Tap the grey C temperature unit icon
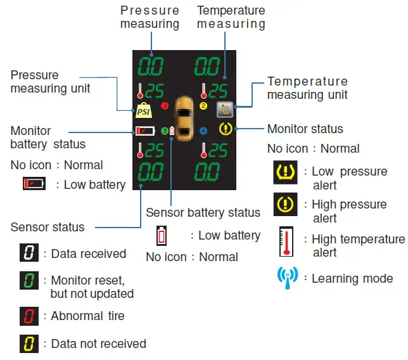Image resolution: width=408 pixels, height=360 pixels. click(225, 110)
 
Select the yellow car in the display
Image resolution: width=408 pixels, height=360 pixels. click(184, 117)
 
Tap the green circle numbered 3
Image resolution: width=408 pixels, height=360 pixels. click(163, 131)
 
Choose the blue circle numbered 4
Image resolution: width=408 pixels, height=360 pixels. click(203, 131)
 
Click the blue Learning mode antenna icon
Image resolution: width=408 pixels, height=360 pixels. click(286, 278)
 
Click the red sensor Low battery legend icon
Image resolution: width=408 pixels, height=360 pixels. click(162, 236)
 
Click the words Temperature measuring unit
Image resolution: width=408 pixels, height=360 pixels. click(307, 88)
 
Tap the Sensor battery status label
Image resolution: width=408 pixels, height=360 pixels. click(203, 212)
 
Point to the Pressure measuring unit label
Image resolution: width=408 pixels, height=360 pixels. click(50, 82)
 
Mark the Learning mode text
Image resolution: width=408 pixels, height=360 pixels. click(352, 278)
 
